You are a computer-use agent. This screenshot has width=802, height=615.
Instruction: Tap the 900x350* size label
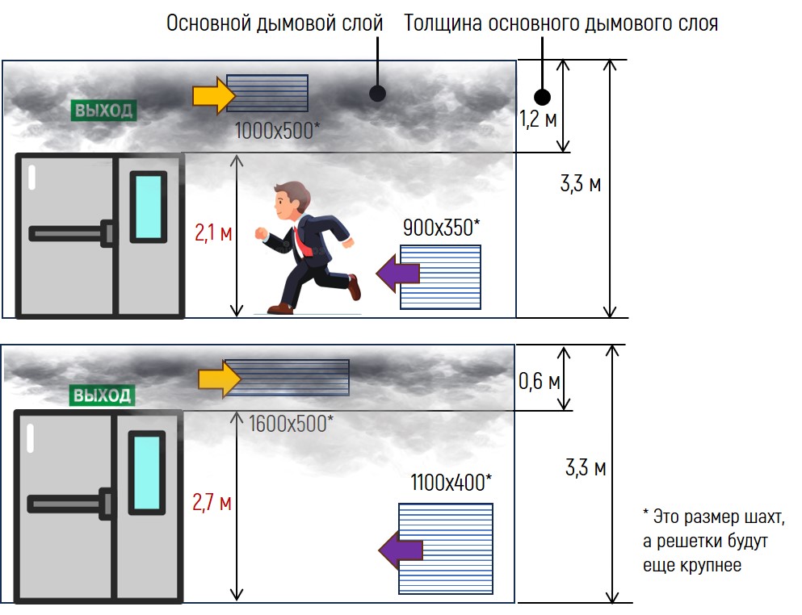click(x=441, y=228)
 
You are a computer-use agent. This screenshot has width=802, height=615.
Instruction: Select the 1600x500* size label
click(x=291, y=423)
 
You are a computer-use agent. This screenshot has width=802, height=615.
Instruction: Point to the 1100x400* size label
click(x=451, y=483)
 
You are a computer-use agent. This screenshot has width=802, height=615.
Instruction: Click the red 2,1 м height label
click(x=213, y=235)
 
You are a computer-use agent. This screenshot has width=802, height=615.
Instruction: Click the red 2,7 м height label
click(x=212, y=503)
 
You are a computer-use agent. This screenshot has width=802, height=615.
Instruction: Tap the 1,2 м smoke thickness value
click(x=538, y=121)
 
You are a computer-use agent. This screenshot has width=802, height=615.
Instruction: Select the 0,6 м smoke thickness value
click(x=540, y=380)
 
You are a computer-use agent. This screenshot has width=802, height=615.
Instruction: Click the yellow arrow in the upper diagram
click(x=212, y=96)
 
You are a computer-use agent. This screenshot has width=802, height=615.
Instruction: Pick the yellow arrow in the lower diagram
click(x=220, y=379)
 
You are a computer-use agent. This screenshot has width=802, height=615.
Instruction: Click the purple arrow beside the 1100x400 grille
click(x=401, y=550)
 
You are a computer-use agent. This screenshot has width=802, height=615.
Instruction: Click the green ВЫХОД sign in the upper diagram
click(x=103, y=111)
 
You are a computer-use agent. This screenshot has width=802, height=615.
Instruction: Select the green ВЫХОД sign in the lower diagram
click(x=102, y=395)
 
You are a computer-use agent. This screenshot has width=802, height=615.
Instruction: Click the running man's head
click(x=288, y=199)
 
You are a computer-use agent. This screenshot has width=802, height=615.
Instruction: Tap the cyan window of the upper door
click(x=148, y=207)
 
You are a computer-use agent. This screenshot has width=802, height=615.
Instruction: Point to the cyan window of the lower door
click(x=146, y=472)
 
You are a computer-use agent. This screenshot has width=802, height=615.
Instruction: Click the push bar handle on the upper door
click(x=69, y=233)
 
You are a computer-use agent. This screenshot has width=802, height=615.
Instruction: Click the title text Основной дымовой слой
click(x=275, y=23)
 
